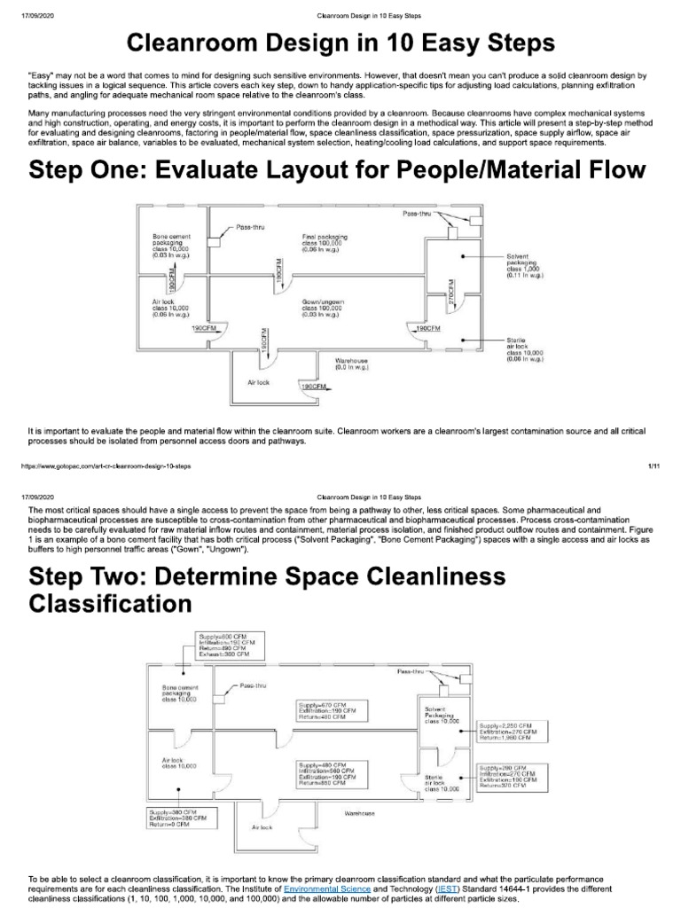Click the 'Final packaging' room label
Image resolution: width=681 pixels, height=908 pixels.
[324, 244]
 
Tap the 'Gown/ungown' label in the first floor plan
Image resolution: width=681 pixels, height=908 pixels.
[323, 307]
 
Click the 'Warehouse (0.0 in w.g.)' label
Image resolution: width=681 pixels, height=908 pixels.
[351, 364]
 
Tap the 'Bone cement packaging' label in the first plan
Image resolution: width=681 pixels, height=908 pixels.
[171, 244]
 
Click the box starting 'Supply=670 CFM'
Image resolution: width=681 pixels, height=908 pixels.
[329, 711]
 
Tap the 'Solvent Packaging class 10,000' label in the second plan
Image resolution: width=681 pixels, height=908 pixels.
[442, 716]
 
